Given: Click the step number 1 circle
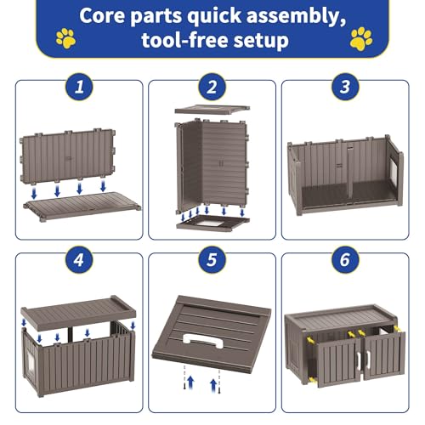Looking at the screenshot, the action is pos(79,87).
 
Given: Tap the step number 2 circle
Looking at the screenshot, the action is pos(212,87).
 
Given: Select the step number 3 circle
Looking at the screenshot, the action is pos(345,87).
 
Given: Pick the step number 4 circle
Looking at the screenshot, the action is pos(79,259).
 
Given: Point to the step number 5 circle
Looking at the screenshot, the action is pos(212,259).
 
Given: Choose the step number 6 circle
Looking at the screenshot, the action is pos(345,259).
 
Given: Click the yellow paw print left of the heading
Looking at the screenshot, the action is pos(66,38).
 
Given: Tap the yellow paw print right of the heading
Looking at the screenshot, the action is pos(361,38).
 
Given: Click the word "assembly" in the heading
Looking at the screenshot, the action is pos(296,16).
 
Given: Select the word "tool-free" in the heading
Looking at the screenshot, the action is pos(185,40).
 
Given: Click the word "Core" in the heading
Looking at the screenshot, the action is pos(102,15).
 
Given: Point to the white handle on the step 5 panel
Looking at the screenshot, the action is pos(203,342).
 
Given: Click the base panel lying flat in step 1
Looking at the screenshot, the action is pos(82,206).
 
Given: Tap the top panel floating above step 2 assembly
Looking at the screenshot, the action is pos(212,110).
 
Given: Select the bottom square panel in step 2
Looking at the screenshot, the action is pos(212,222).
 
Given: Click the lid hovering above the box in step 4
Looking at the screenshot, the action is pos(78,312).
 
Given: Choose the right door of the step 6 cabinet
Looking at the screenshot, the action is pos(384,355).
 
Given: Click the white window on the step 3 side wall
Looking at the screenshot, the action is pos(393,172).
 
